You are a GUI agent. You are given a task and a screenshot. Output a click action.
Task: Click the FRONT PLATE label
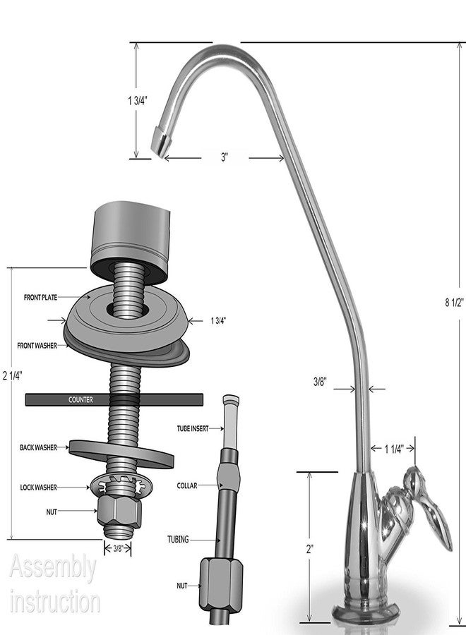(x=40, y=297)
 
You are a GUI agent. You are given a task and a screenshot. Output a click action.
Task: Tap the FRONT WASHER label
(x=37, y=346)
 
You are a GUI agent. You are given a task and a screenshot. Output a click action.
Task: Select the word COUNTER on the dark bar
(x=80, y=400)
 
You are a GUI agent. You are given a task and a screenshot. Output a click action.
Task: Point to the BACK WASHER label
(x=39, y=447)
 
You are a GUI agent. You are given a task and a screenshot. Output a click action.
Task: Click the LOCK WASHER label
(x=39, y=488)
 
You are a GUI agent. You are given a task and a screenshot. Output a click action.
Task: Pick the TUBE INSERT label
(x=193, y=428)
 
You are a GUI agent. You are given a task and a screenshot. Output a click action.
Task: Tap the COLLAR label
(x=187, y=485)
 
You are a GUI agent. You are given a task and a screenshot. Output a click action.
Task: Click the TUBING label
(x=179, y=540)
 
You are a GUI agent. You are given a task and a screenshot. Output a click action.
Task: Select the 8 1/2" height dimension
(x=454, y=303)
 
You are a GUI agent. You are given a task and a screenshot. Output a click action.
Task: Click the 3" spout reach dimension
(x=225, y=157)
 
